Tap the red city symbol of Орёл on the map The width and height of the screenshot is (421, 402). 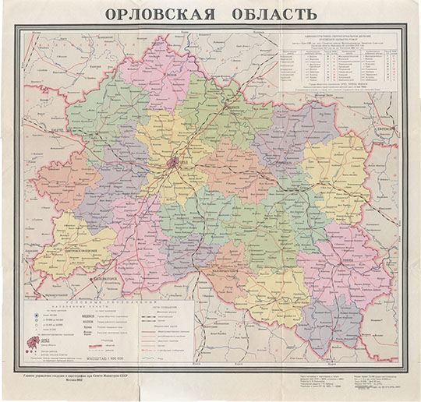point(174,164)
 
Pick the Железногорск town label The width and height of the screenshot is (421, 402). point(94,277)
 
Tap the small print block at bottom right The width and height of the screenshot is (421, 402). point(366,381)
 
